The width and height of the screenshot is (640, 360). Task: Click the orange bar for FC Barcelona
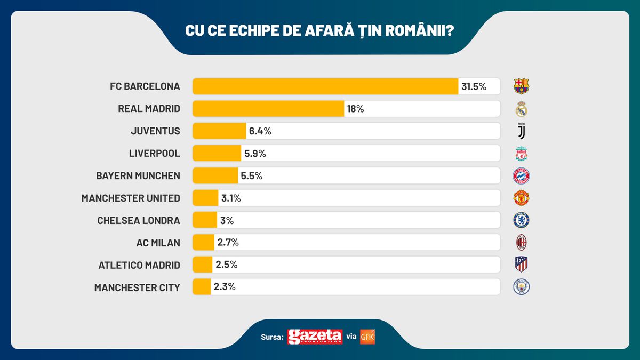pyautogui.click(x=325, y=86)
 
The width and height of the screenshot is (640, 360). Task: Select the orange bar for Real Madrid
pyautogui.click(x=268, y=109)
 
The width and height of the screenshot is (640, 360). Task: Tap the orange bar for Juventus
pyautogui.click(x=219, y=131)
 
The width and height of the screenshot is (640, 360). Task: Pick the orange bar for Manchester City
pyautogui.click(x=202, y=287)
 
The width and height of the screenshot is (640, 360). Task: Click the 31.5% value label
pyautogui.click(x=474, y=86)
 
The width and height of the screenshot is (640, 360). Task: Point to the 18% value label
pyautogui.click(x=355, y=109)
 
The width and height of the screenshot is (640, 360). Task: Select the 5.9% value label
pyautogui.click(x=255, y=154)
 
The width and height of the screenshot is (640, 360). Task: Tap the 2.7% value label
pyautogui.click(x=228, y=243)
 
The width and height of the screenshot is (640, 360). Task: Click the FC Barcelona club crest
pyautogui.click(x=521, y=86)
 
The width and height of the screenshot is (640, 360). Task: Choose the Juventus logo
pyautogui.click(x=521, y=131)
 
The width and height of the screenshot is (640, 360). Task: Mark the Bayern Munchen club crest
pyautogui.click(x=521, y=176)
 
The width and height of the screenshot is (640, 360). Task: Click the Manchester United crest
pyautogui.click(x=521, y=198)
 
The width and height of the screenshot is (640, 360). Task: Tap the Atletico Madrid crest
pyautogui.click(x=521, y=265)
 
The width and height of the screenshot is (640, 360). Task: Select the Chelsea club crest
pyautogui.click(x=521, y=220)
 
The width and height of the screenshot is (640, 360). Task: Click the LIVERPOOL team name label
pyautogui.click(x=154, y=154)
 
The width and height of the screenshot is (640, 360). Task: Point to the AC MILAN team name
pyautogui.click(x=158, y=243)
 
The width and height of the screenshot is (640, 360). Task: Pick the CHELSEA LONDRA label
pyautogui.click(x=139, y=220)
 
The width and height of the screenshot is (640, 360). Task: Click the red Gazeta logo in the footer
pyautogui.click(x=315, y=337)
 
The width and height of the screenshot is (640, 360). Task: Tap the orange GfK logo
pyautogui.click(x=367, y=337)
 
